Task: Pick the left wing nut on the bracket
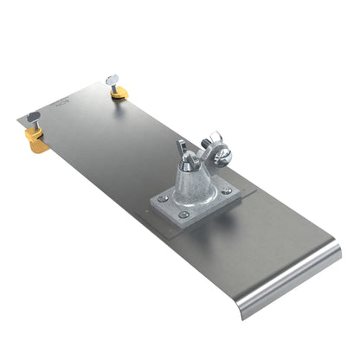click(x=184, y=152)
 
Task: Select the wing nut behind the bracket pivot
click(x=213, y=140)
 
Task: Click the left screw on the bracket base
click(x=160, y=197)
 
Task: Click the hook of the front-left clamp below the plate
click(x=40, y=147)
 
